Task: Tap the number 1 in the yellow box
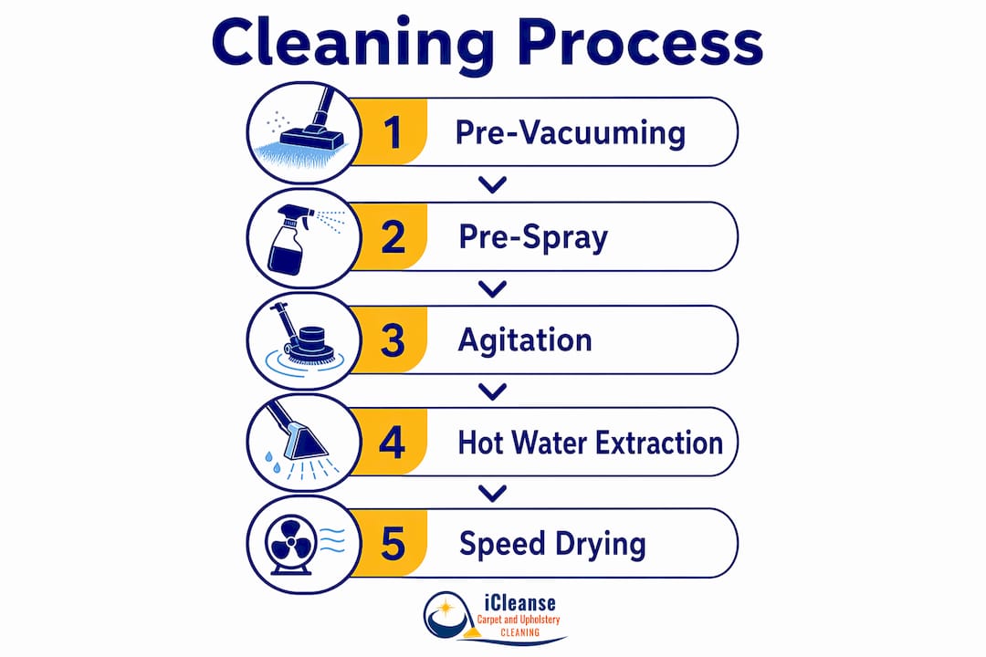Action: click(393, 132)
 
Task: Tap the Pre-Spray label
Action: click(533, 238)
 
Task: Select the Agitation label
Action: click(525, 341)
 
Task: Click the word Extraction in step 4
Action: click(660, 443)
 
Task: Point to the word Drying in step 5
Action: click(600, 545)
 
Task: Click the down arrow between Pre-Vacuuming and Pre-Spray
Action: click(492, 185)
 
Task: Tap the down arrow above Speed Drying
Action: click(492, 494)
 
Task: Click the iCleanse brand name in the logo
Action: click(520, 603)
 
